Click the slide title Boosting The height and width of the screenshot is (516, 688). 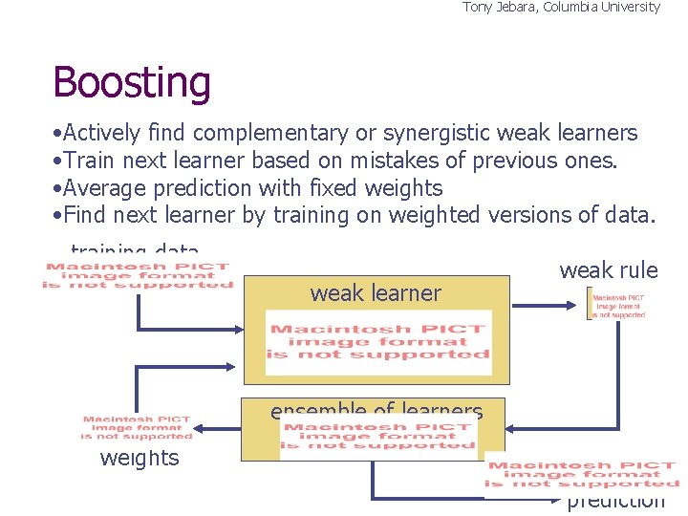132,83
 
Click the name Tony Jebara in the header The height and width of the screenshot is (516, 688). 500,8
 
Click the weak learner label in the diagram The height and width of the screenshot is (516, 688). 376,293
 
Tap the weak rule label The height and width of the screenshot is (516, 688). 609,270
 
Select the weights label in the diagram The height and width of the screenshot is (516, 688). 140,459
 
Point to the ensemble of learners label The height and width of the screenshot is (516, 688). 376,412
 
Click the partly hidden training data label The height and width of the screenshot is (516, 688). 135,252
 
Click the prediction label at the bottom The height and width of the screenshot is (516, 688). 615,502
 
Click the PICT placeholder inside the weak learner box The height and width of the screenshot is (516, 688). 378,342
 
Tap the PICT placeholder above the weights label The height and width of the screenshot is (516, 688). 136,427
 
